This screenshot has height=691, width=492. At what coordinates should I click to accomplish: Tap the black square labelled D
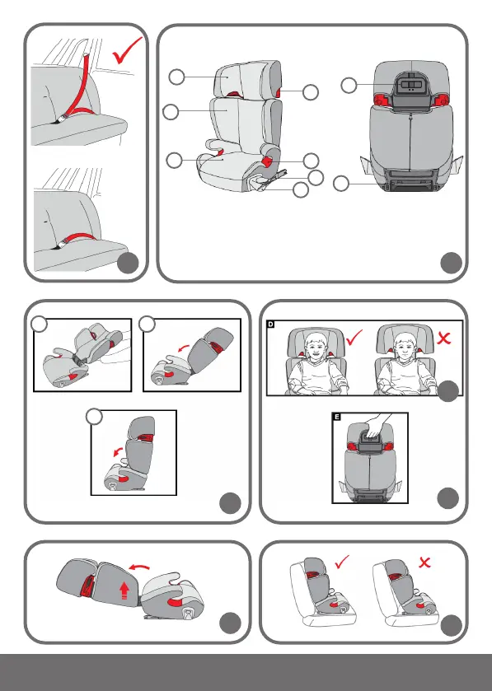[270, 324]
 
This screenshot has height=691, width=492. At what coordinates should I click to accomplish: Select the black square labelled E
[337, 417]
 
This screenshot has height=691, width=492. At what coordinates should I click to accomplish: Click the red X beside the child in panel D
[444, 338]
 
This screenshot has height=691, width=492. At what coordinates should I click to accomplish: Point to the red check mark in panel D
[354, 337]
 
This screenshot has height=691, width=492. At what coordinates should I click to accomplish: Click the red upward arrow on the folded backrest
[124, 590]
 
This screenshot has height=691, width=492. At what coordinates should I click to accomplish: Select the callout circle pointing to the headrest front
[176, 77]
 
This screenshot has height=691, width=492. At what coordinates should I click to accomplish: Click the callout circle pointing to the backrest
[171, 111]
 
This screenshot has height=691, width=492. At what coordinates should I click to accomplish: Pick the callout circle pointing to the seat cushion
[174, 160]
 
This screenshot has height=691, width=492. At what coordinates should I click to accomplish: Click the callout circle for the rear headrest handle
[349, 86]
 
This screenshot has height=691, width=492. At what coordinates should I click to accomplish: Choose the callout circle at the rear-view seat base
[341, 184]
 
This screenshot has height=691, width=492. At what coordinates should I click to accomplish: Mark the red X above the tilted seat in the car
[424, 563]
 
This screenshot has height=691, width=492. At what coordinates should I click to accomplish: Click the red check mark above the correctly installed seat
[342, 562]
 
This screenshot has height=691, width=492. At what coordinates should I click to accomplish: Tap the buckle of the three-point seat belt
[63, 119]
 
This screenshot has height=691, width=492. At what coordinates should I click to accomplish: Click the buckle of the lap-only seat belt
[62, 242]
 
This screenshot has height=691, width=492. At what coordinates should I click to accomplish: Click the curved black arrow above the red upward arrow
[139, 566]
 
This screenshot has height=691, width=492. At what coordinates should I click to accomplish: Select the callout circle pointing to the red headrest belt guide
[311, 92]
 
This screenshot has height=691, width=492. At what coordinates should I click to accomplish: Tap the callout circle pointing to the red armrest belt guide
[311, 161]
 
